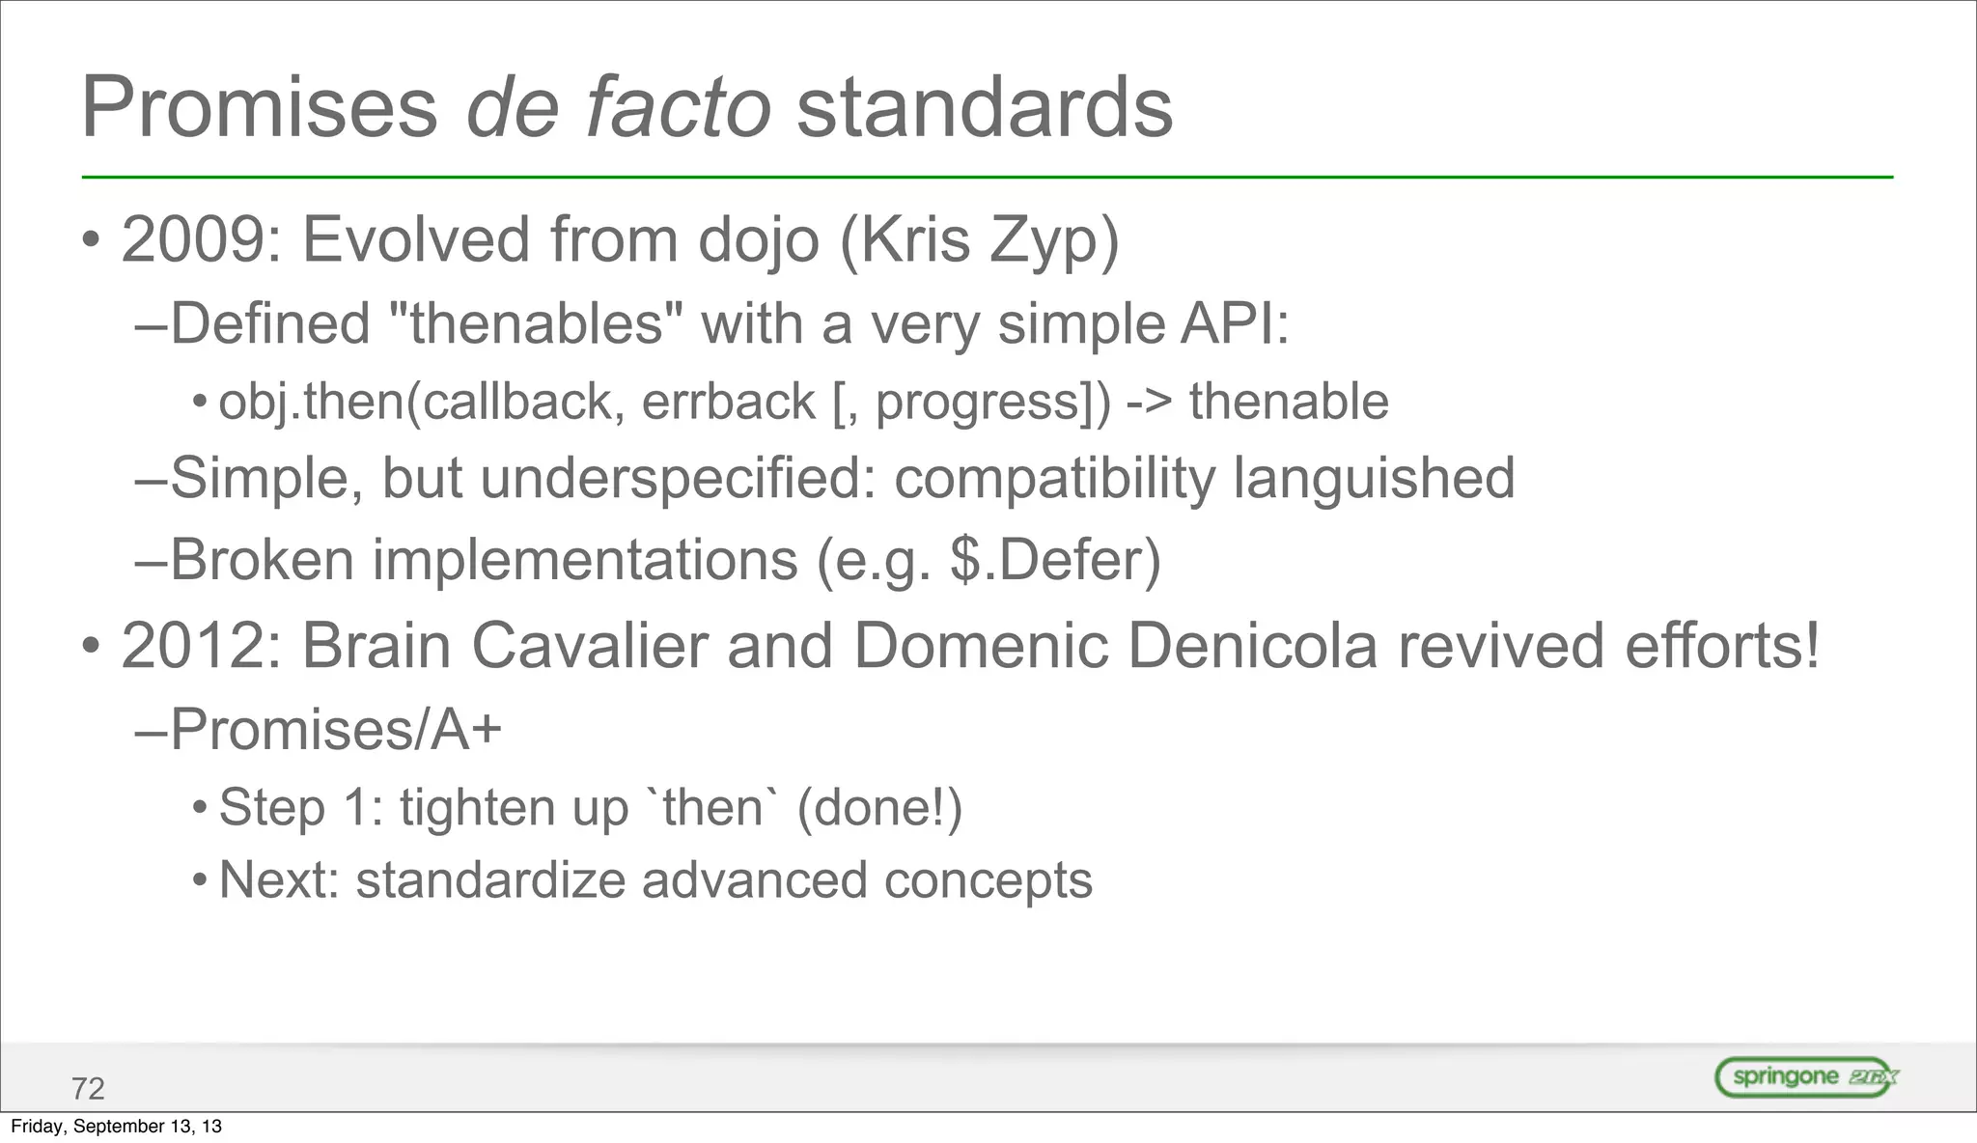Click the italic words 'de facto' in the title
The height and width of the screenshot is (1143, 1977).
(x=618, y=108)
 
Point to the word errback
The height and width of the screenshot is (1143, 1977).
(x=729, y=402)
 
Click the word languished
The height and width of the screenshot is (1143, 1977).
(x=1374, y=478)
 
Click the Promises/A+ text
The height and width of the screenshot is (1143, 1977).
(x=336, y=729)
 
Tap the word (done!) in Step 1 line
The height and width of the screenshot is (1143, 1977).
(x=879, y=807)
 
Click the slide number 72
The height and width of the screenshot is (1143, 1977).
(x=88, y=1089)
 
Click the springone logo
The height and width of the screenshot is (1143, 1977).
(x=1806, y=1076)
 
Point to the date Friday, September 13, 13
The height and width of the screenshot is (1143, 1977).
(x=116, y=1127)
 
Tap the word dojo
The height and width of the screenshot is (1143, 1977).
(x=758, y=239)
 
